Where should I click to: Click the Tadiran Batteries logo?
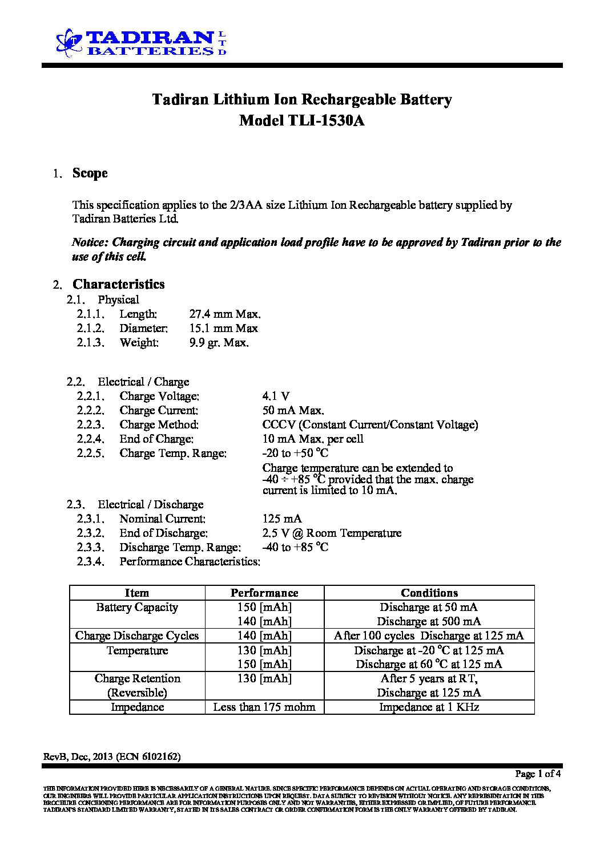(x=141, y=43)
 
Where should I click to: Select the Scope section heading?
(x=90, y=173)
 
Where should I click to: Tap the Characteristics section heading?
(x=118, y=284)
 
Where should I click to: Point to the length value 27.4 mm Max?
(x=224, y=314)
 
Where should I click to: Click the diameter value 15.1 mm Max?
(x=223, y=328)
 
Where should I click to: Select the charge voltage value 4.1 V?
(x=276, y=396)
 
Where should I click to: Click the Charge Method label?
(x=159, y=424)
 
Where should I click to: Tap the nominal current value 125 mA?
(x=282, y=519)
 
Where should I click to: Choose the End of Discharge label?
(x=163, y=533)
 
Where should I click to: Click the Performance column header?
(x=264, y=593)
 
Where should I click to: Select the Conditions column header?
(x=429, y=593)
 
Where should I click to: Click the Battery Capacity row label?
(x=137, y=607)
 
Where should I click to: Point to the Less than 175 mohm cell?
(x=264, y=707)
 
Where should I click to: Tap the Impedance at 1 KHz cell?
(x=429, y=707)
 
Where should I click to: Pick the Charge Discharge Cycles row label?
(x=137, y=636)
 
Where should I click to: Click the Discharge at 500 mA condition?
(x=429, y=621)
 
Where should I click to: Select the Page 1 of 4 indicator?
(x=538, y=774)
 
